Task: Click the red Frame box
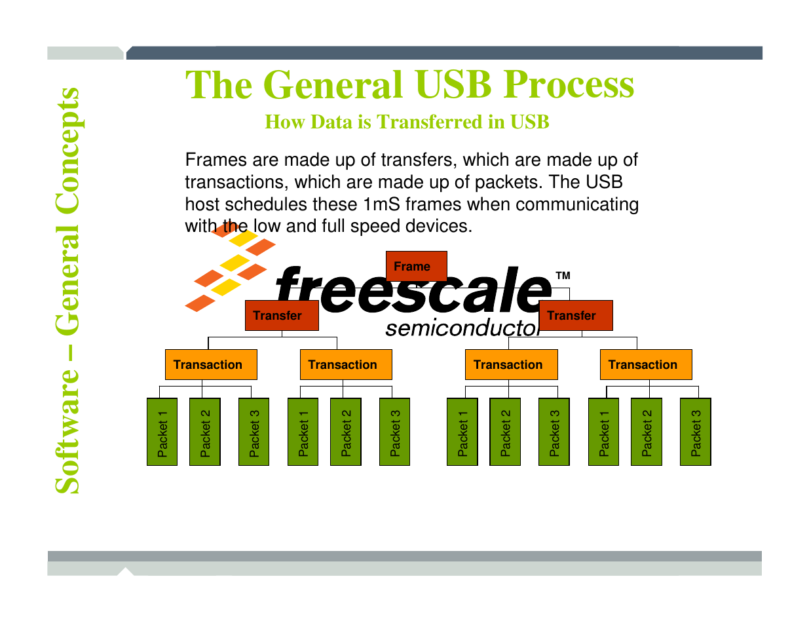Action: (416, 266)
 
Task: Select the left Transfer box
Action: (282, 315)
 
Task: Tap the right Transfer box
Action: (576, 315)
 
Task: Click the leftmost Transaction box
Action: (211, 364)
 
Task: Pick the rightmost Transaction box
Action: (646, 364)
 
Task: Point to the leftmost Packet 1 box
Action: (162, 432)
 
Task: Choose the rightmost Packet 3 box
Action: (695, 432)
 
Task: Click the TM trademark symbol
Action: (563, 276)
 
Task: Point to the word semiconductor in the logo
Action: (462, 328)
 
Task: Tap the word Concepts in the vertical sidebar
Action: (67, 151)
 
